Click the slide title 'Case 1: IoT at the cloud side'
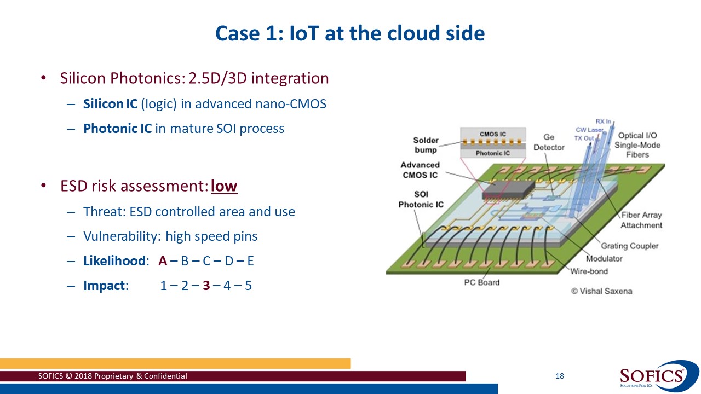point(350,33)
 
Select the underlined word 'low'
point(224,187)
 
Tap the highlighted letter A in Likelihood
point(163,261)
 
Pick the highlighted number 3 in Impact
point(206,286)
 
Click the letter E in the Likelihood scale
point(250,261)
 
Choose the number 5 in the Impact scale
point(248,286)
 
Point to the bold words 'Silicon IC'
point(110,103)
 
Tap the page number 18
point(559,376)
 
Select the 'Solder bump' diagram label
point(426,145)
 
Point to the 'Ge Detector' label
point(549,142)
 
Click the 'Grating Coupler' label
point(629,246)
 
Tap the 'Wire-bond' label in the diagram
point(589,271)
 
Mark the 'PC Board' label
point(482,282)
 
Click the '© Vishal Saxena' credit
point(601,291)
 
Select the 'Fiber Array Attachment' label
point(641,220)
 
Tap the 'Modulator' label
point(604,259)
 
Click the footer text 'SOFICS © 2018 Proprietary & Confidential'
point(112,376)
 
